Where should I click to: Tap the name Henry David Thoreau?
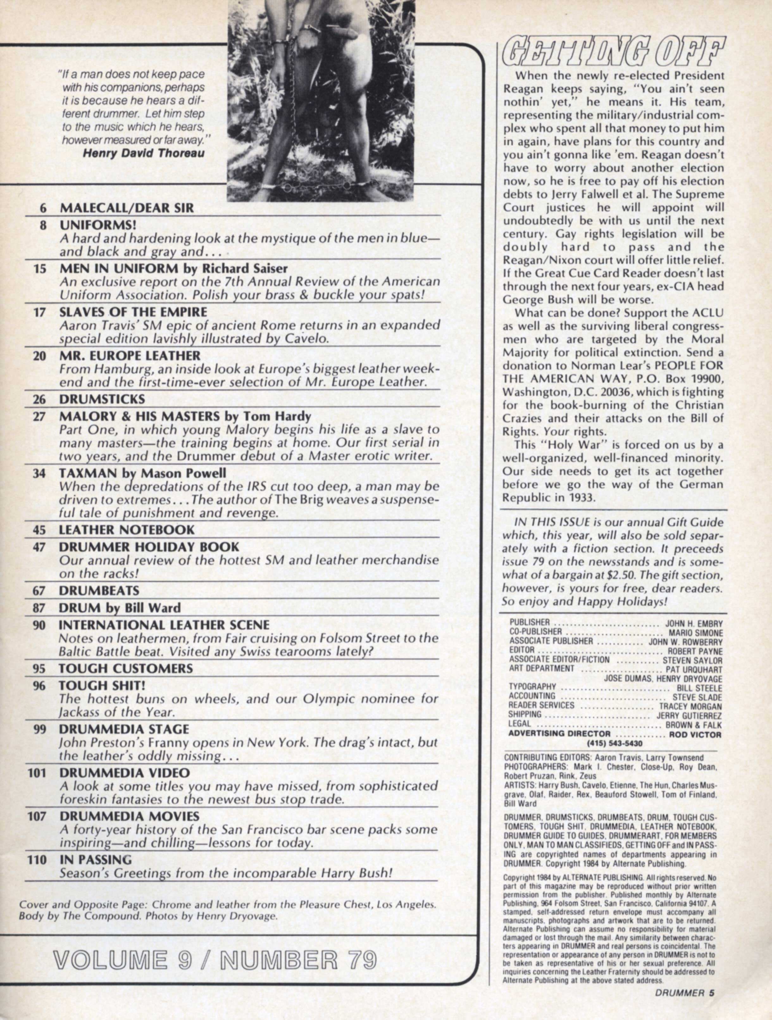click(x=143, y=153)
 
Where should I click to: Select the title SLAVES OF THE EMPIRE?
click(x=133, y=312)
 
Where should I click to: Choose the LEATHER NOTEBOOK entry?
click(x=127, y=530)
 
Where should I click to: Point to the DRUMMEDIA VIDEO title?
click(x=124, y=773)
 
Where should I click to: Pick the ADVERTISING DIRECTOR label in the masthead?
click(x=559, y=734)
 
